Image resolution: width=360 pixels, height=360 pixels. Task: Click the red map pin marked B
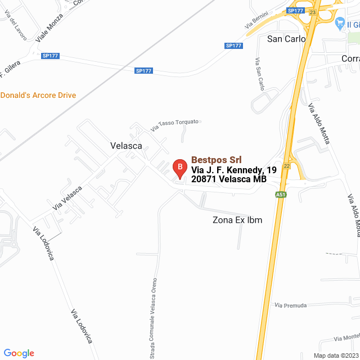(179, 168)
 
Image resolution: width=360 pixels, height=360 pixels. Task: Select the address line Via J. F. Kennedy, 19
(234, 170)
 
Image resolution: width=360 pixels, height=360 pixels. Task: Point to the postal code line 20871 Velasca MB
(228, 179)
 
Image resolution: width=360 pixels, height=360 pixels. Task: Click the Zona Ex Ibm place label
(237, 220)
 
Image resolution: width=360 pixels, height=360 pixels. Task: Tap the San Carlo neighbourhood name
(286, 39)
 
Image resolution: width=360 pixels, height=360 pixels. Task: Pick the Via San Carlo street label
(259, 73)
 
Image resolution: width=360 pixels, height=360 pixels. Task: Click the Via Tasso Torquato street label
(175, 125)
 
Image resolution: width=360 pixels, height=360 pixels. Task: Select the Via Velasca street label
(67, 198)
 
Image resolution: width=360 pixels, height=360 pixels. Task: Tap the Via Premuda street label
(291, 305)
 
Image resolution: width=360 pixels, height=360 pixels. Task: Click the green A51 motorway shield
(281, 195)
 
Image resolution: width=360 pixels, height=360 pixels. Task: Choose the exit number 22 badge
(287, 166)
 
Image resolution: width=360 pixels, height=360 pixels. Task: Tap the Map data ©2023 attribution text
(335, 355)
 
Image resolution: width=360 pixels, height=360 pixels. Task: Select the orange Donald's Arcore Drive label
(38, 96)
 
